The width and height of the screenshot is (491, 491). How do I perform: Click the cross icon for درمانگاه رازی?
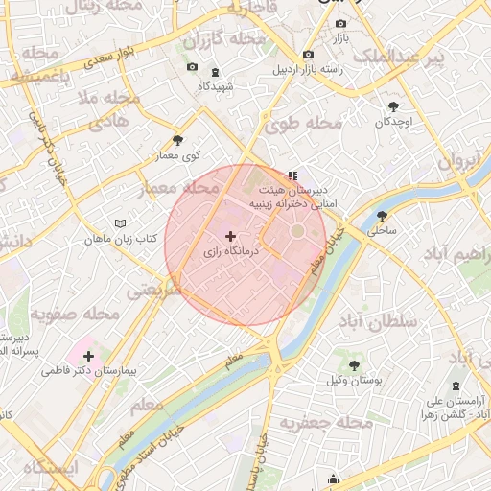(230, 236)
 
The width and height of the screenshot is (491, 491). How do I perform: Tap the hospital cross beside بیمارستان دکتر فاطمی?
(89, 356)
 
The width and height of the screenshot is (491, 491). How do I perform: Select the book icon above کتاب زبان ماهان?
(120, 223)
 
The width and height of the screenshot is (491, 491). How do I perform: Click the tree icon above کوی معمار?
(177, 140)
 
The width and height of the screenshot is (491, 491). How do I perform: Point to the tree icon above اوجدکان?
(393, 107)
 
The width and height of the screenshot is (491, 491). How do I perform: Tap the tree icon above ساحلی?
(382, 216)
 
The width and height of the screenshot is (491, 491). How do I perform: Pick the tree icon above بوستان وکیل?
(354, 365)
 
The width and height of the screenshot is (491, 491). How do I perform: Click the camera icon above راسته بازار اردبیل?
(307, 55)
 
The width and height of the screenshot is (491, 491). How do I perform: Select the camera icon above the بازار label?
(340, 23)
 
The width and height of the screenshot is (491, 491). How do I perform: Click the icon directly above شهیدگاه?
(214, 71)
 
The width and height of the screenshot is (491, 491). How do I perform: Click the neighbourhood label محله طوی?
(304, 124)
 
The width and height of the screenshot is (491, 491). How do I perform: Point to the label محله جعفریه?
(321, 423)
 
